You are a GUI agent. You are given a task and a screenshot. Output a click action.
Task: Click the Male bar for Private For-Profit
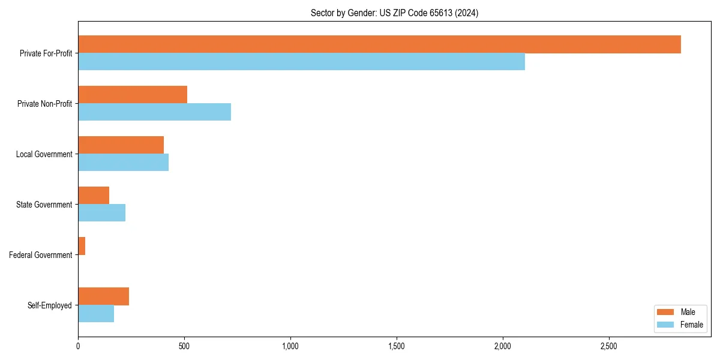tap(379, 44)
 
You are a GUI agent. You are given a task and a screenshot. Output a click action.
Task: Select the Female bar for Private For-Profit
tap(301, 62)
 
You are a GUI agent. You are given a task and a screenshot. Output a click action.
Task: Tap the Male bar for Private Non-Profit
tap(133, 95)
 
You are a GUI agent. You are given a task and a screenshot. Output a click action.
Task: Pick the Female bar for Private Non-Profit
tap(154, 112)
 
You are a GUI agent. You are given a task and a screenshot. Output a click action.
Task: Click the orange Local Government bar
tap(121, 145)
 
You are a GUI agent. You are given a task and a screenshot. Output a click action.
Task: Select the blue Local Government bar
tap(123, 163)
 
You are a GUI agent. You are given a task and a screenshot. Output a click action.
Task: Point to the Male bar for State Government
tap(94, 196)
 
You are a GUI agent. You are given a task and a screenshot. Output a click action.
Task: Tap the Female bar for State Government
tap(101, 213)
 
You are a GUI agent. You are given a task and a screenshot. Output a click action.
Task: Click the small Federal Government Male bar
tap(82, 246)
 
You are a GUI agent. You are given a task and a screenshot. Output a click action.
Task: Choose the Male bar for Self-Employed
tap(103, 296)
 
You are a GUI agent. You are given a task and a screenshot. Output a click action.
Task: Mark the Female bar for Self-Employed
tap(96, 314)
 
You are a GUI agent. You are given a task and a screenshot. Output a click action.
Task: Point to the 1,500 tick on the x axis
tap(397, 346)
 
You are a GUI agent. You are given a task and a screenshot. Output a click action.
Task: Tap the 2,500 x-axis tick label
tap(609, 346)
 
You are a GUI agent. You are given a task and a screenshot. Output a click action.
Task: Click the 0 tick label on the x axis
tap(78, 346)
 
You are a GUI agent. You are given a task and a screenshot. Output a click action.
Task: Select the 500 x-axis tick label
tap(184, 346)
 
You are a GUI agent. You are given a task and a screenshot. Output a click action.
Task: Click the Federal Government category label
tap(41, 255)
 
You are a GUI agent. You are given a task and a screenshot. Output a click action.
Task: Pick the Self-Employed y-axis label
tap(50, 305)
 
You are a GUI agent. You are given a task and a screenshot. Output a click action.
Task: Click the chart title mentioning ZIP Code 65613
tap(394, 13)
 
